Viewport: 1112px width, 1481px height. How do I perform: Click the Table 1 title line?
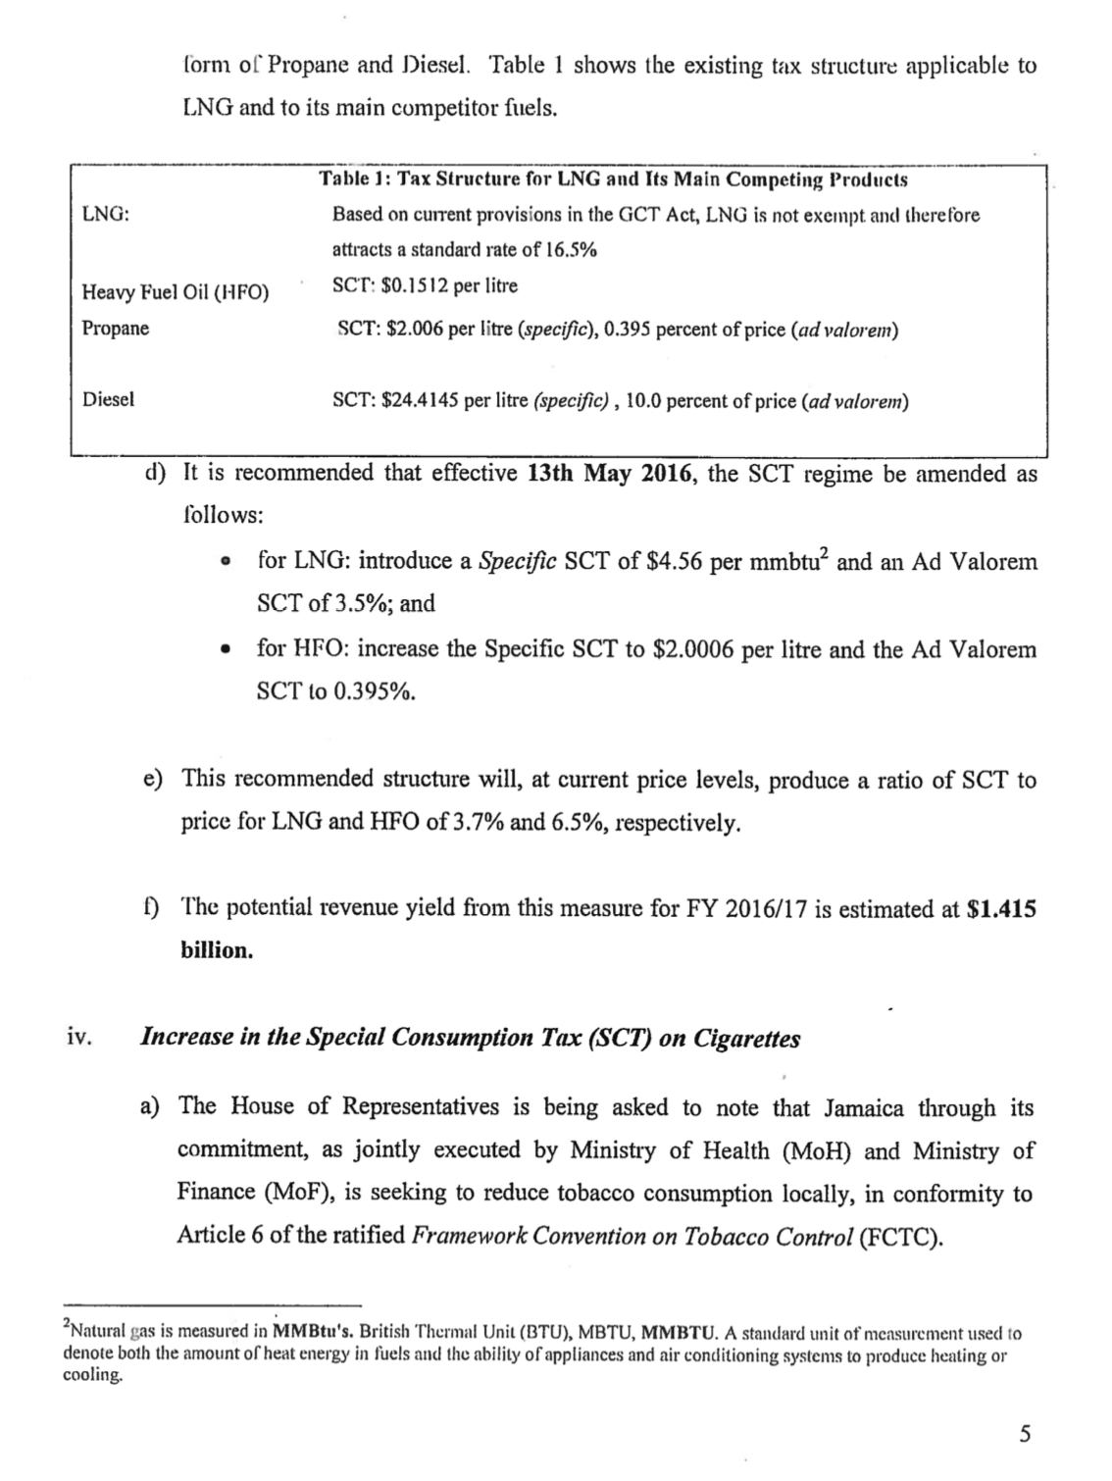coord(613,179)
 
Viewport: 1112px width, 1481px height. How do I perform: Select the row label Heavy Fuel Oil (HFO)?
coord(175,292)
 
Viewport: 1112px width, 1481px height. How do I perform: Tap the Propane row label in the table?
coord(116,329)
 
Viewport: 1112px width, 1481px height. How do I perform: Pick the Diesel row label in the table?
coord(108,399)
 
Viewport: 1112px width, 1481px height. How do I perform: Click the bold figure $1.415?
coord(1001,909)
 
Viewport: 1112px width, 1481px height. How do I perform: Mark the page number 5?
coord(1025,1435)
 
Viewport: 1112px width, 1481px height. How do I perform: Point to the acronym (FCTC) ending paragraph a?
coord(900,1235)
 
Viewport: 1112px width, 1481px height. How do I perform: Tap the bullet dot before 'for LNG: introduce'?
coord(227,562)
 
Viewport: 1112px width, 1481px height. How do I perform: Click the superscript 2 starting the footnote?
coord(66,1327)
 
